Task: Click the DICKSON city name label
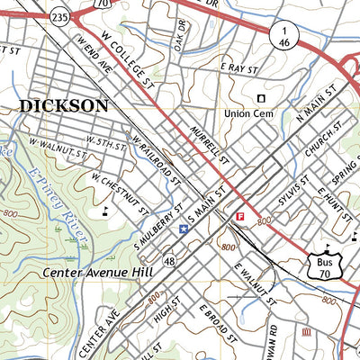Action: [63, 105]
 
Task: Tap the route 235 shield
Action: [60, 17]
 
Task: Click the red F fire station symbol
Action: [239, 217]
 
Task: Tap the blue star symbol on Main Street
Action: [184, 229]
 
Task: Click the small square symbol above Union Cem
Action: [262, 98]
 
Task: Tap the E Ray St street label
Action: [239, 68]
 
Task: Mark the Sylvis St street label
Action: [293, 193]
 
